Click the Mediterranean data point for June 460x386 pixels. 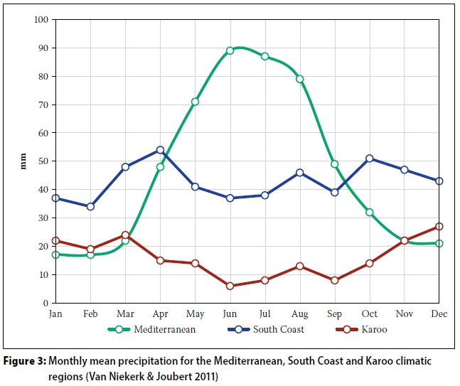pyautogui.click(x=230, y=50)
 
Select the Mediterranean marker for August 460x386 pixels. pyautogui.click(x=299, y=79)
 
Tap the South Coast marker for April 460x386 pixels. pyautogui.click(x=160, y=150)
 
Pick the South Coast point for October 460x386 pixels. pyautogui.click(x=369, y=159)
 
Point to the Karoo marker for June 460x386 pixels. pyautogui.click(x=230, y=286)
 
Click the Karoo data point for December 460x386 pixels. pyautogui.click(x=439, y=227)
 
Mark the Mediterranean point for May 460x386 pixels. pyautogui.click(x=195, y=102)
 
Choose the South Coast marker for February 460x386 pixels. pyautogui.click(x=90, y=207)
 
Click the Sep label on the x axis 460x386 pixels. pyautogui.click(x=334, y=314)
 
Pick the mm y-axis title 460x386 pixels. pyautogui.click(x=21, y=162)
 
